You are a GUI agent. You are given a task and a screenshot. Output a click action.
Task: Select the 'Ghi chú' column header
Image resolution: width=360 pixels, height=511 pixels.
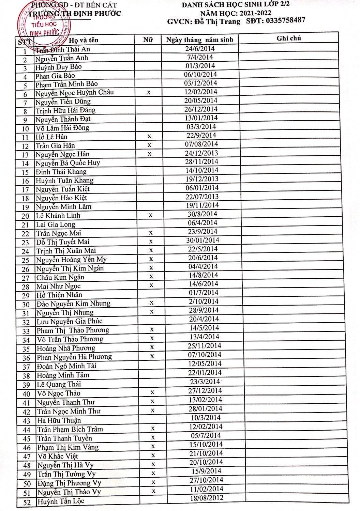click(x=288, y=38)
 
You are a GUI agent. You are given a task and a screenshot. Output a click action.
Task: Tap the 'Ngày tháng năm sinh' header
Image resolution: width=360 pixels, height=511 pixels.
click(x=199, y=40)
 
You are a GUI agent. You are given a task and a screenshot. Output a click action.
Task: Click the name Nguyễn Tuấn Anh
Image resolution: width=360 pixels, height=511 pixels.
click(x=62, y=59)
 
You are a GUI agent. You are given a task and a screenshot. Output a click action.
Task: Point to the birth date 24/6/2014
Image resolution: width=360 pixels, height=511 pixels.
click(x=200, y=48)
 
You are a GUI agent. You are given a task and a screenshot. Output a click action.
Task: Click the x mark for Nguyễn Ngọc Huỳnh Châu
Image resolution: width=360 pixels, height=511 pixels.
click(x=149, y=92)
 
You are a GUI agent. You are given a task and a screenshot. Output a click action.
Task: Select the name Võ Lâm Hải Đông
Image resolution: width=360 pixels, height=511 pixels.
click(x=62, y=128)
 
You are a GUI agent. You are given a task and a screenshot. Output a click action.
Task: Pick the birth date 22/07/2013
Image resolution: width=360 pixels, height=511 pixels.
click(x=202, y=197)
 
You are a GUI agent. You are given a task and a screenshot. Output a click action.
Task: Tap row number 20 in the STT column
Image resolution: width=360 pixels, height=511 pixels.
click(x=25, y=216)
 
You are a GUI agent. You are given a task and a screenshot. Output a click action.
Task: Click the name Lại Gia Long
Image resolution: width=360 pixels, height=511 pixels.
click(x=56, y=224)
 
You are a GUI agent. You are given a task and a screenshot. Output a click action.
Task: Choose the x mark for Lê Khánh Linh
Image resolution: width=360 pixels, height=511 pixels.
click(x=150, y=215)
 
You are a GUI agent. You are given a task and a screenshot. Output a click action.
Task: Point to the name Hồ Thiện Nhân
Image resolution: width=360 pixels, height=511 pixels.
click(x=59, y=295)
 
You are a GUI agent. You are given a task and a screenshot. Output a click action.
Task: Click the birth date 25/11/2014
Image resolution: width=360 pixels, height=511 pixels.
click(x=204, y=346)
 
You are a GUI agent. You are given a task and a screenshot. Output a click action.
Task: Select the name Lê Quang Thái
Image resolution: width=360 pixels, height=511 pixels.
click(x=59, y=384)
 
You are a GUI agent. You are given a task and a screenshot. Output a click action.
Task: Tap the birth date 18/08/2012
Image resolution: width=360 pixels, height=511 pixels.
click(x=207, y=498)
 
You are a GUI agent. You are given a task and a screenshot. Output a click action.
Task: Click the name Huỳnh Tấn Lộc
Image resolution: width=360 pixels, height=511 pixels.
click(x=61, y=501)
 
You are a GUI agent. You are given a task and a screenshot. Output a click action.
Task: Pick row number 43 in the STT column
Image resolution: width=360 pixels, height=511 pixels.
click(x=26, y=421)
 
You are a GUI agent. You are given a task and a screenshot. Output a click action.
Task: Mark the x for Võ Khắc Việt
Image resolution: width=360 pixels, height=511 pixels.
click(x=153, y=455)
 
